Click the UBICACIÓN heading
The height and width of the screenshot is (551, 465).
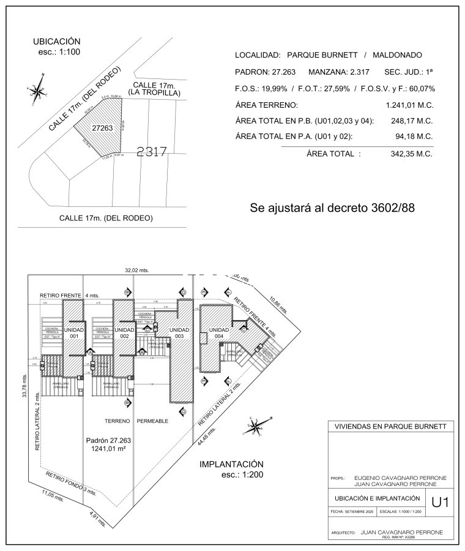coord(57,41)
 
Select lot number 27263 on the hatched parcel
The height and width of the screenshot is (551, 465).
coord(102,129)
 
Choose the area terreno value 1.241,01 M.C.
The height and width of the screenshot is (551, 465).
coord(409,105)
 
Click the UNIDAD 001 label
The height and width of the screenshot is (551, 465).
coord(73,333)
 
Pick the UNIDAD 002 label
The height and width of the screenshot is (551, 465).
coord(124,333)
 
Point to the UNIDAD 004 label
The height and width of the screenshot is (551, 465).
coord(218,333)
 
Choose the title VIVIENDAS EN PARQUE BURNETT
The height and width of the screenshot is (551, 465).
coord(391,427)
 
